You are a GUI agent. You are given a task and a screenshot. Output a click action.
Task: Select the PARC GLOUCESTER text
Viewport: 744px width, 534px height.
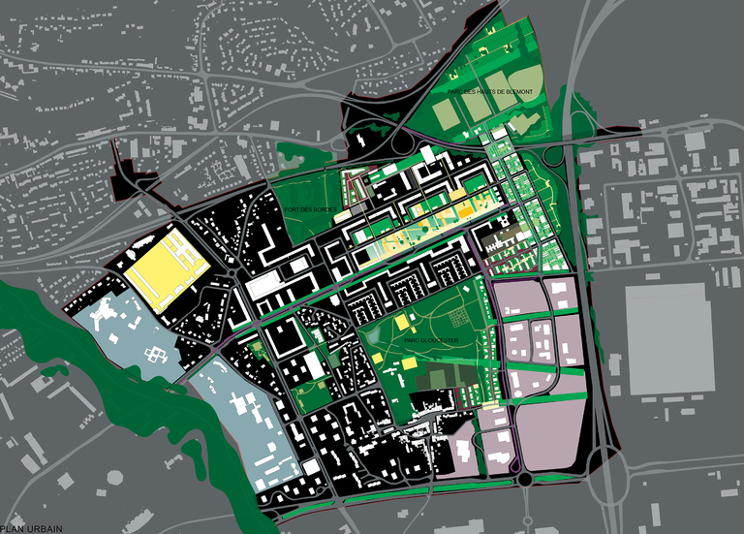[x=427, y=340]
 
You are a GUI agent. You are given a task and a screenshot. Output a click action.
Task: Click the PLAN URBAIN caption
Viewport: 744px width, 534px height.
[x=31, y=527]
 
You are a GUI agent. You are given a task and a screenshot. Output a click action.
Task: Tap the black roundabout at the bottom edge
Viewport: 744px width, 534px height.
[x=525, y=478]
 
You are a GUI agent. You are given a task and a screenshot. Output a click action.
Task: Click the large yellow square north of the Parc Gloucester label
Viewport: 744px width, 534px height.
[x=399, y=324]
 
